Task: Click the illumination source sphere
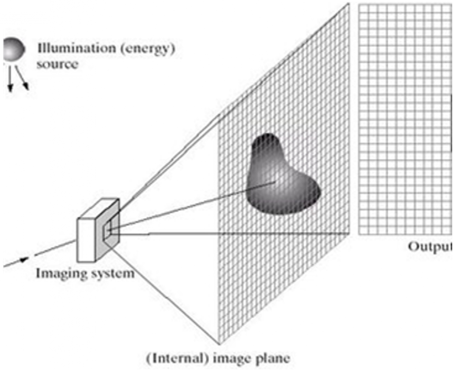pyautogui.click(x=14, y=49)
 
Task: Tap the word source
pyautogui.click(x=57, y=64)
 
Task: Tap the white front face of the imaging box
pyautogui.click(x=86, y=240)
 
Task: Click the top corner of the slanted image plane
pyautogui.click(x=349, y=3)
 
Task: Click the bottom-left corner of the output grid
pyautogui.click(x=359, y=234)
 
